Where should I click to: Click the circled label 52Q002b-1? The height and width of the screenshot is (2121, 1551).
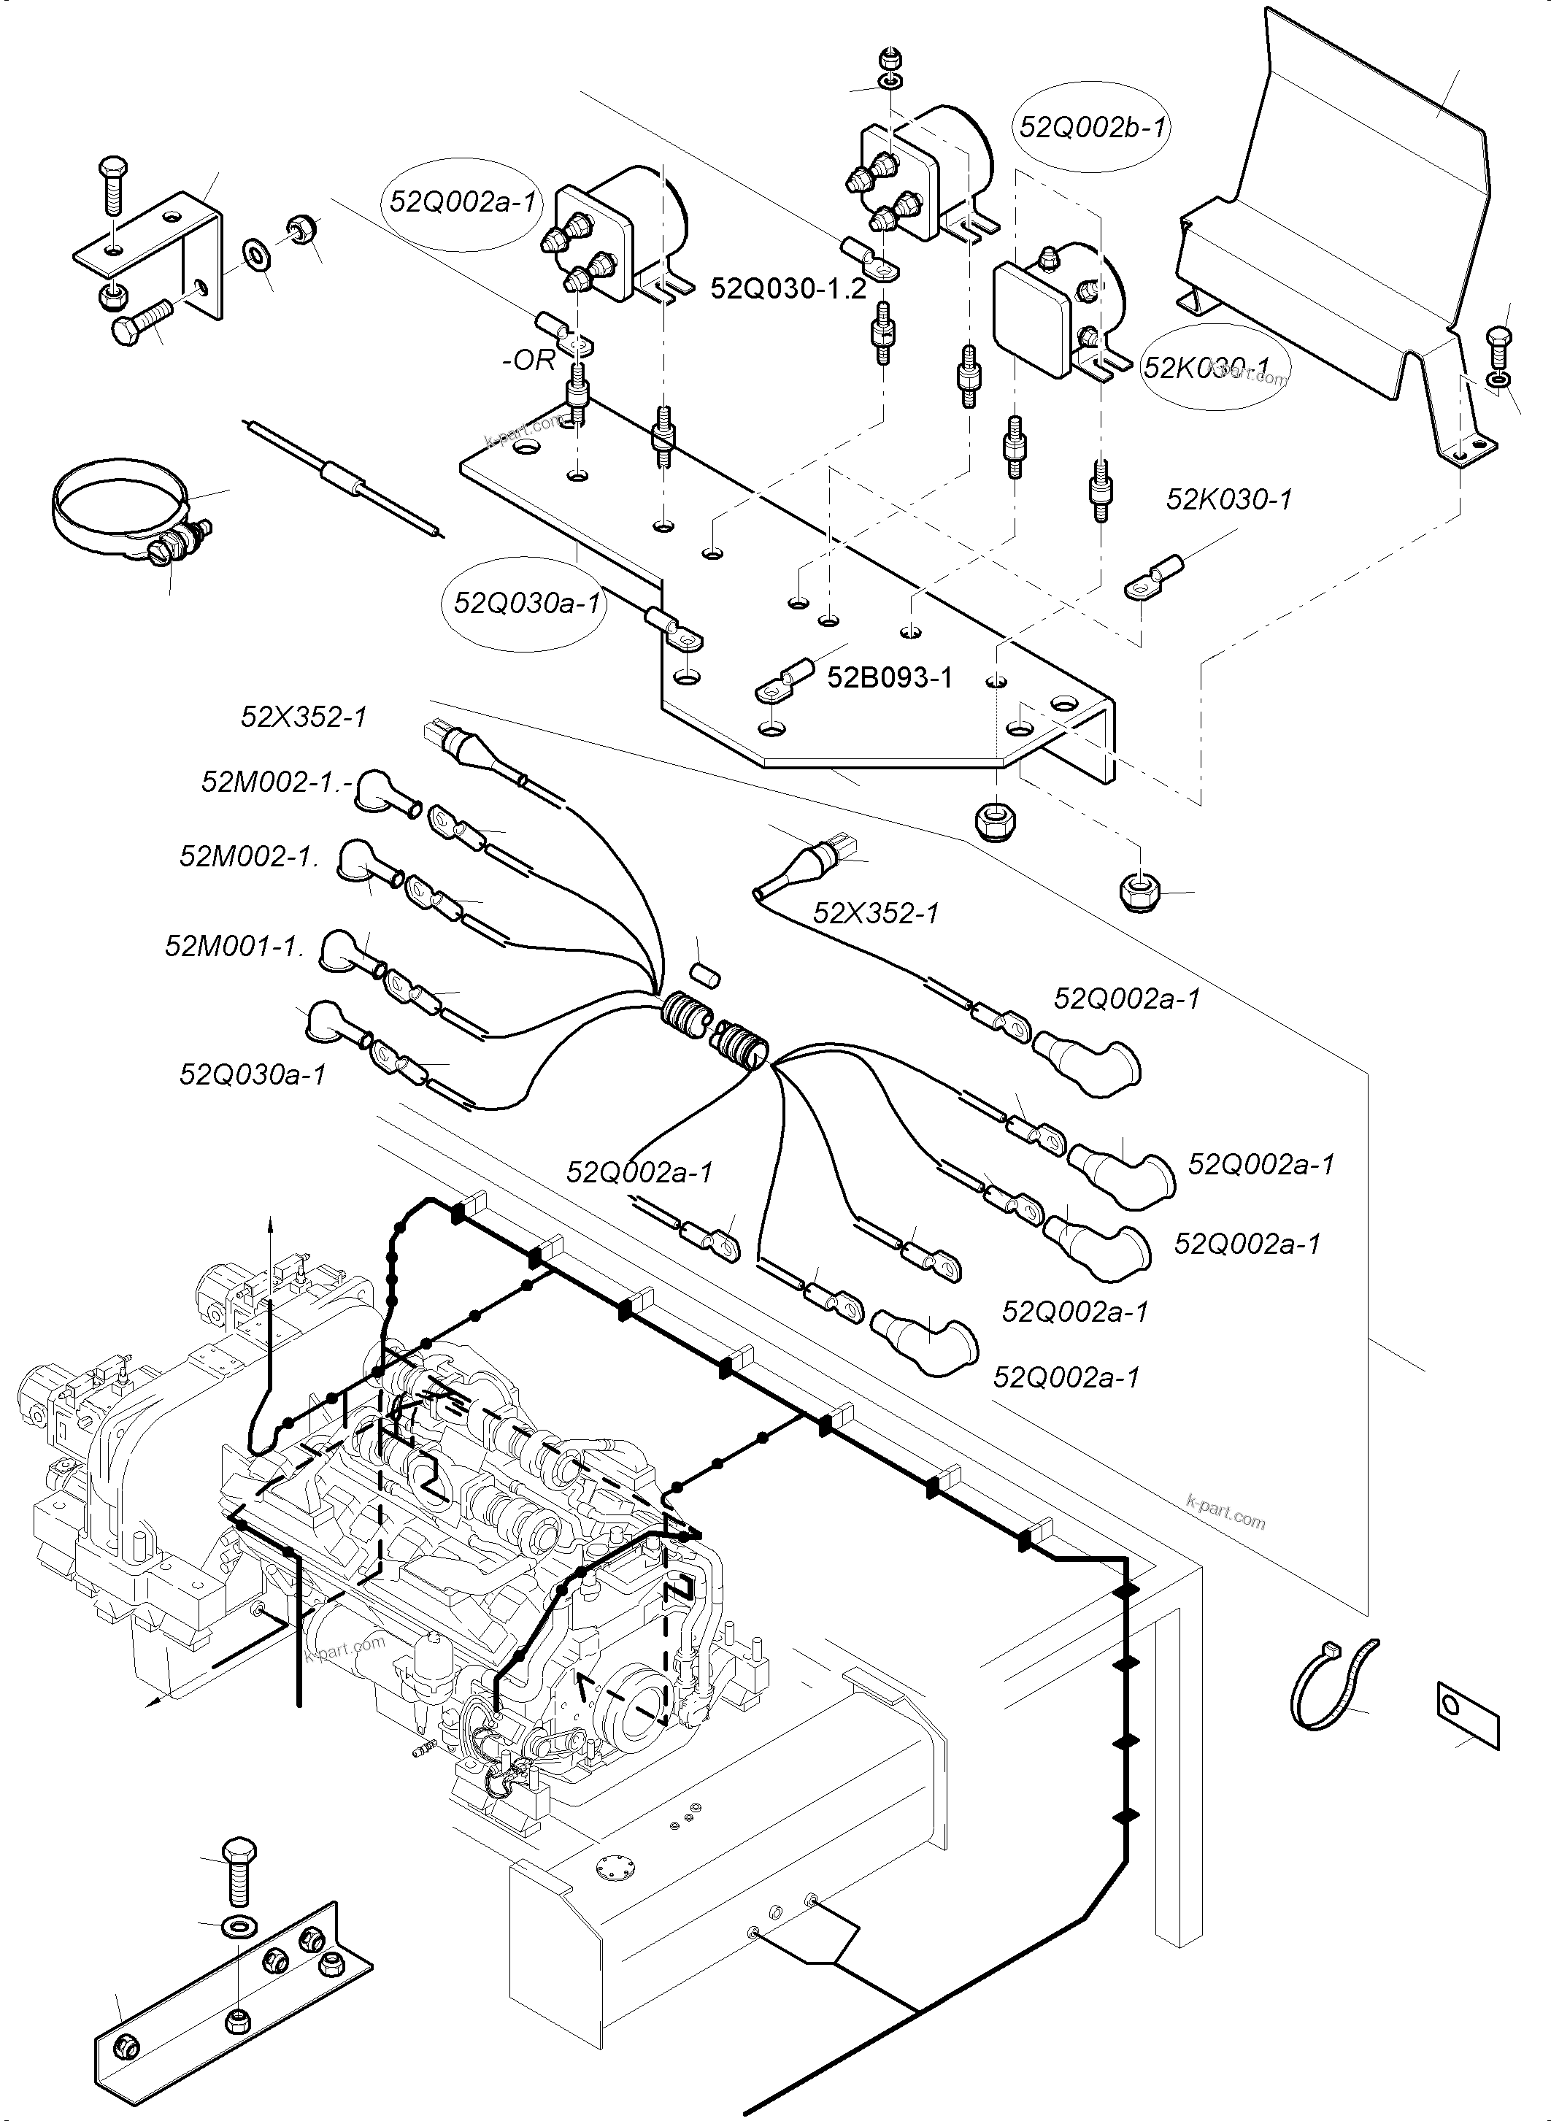1093,127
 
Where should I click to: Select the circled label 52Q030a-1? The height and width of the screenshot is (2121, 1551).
526,602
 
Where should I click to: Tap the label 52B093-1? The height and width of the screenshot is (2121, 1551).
889,677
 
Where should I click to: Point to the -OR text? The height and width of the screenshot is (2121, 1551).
528,361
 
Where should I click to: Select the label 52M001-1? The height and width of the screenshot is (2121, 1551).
235,945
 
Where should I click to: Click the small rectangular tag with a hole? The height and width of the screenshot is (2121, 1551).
1468,1710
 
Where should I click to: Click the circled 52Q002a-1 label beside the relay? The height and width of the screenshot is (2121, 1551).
462,202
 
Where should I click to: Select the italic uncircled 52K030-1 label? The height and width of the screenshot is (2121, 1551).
1228,499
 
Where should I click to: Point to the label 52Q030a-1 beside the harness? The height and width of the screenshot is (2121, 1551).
253,1074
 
